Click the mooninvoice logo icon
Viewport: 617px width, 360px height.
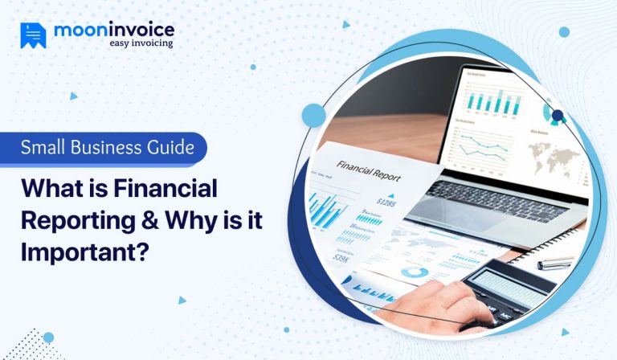tap(33, 35)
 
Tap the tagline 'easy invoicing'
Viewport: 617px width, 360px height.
tap(141, 43)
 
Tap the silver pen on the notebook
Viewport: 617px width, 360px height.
tap(554, 263)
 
